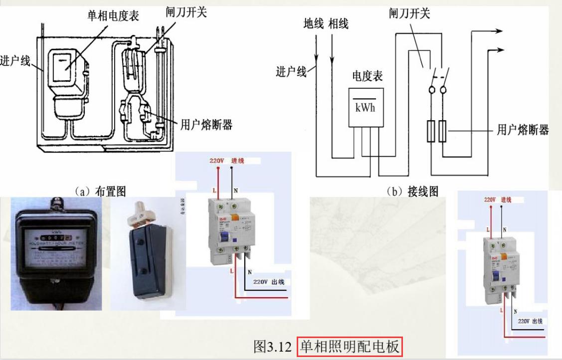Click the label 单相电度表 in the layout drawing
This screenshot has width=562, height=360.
coord(113,16)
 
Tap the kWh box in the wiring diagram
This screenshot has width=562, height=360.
coord(365,107)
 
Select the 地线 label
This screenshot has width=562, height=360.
coord(314,23)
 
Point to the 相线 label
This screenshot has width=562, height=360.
coord(339,23)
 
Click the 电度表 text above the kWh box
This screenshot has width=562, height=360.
coord(368,76)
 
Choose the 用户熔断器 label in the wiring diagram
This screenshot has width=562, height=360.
coord(523,130)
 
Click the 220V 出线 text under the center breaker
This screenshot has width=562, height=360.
coord(268,282)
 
